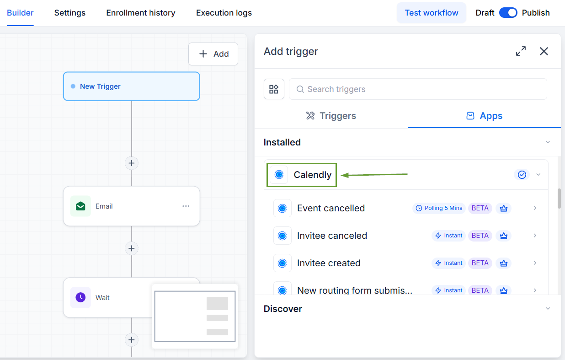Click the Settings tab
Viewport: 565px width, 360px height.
pos(70,13)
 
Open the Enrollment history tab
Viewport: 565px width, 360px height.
pos(141,13)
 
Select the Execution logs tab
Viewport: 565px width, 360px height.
pos(224,13)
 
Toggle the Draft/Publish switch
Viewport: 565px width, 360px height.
pos(508,13)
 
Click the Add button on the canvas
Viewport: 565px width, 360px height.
pos(213,54)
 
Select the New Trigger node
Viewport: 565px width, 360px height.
pos(131,86)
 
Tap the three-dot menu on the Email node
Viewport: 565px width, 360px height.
pos(186,206)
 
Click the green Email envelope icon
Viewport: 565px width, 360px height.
pos(80,206)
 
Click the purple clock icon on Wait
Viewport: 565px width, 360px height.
pos(80,297)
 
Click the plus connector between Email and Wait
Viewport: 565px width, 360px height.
pos(131,248)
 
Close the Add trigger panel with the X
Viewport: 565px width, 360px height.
pos(544,51)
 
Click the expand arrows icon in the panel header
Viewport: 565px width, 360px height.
pos(521,51)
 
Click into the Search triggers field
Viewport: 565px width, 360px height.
pos(418,89)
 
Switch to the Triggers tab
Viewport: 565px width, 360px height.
pos(331,116)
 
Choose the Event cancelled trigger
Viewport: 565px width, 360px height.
pos(331,208)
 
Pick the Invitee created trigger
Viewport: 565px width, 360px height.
pos(329,263)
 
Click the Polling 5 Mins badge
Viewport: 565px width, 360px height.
pos(439,208)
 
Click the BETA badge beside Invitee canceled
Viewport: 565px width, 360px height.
pos(480,236)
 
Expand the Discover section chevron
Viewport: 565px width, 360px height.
pos(548,308)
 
